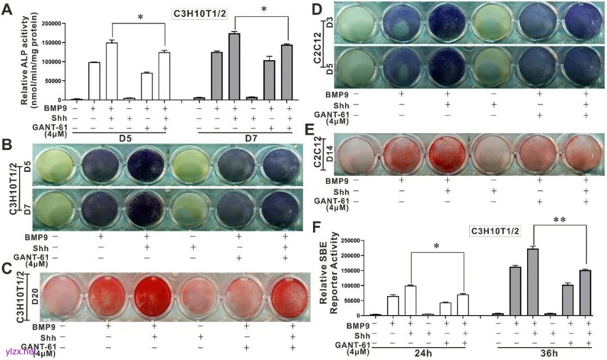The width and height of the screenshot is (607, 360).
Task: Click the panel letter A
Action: pos(8,10)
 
